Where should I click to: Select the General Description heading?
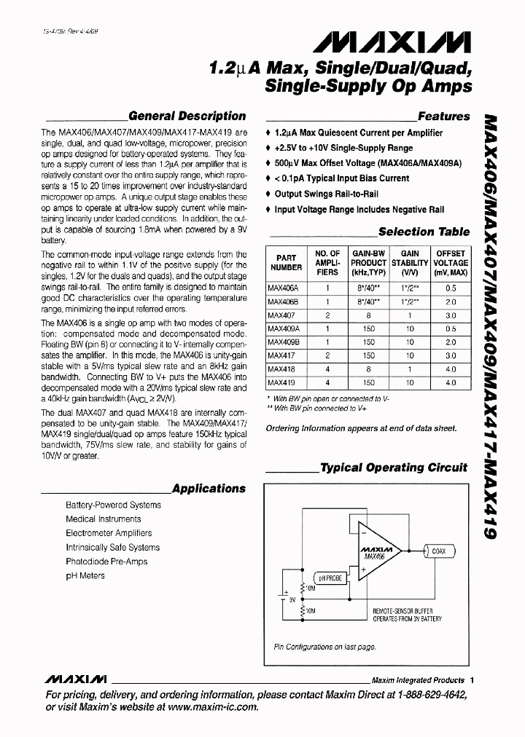click(187, 116)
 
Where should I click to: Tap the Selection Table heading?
click(424, 232)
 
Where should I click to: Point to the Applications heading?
click(209, 489)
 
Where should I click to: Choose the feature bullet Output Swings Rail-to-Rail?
click(327, 194)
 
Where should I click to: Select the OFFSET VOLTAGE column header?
click(450, 263)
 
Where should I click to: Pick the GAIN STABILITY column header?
click(410, 263)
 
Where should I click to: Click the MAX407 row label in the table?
click(277, 315)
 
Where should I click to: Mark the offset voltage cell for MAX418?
click(450, 369)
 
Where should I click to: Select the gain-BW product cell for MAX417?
click(368, 355)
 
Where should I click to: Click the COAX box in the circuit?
click(438, 552)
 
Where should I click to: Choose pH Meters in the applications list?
click(85, 575)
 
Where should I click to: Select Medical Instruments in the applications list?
click(104, 519)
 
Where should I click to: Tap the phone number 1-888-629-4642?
click(437, 694)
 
